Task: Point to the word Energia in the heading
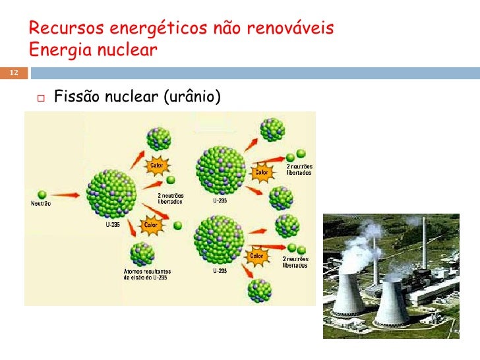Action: pos(57,50)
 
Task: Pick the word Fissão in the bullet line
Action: pos(76,98)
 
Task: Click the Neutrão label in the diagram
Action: pos(41,204)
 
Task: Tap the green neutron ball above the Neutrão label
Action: pos(42,195)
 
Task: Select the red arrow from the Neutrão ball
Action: pos(66,195)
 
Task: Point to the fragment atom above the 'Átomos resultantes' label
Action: pos(142,253)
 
